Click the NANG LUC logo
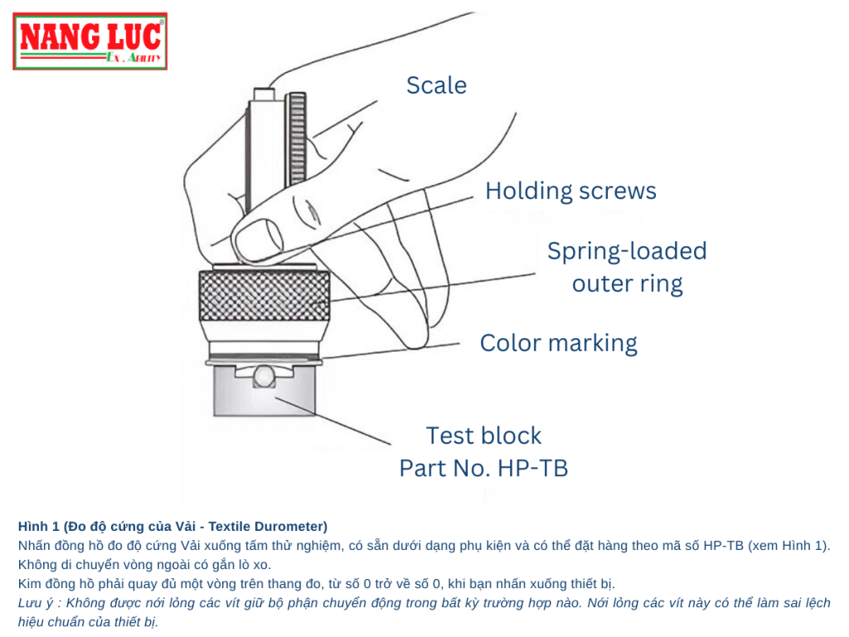[90, 41]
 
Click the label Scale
[436, 85]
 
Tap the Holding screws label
[570, 192]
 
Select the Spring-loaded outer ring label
[627, 267]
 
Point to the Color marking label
[558, 343]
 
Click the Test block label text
[483, 435]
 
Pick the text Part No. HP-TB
[483, 469]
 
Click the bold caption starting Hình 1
[172, 527]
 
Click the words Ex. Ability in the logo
[133, 58]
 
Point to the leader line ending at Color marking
[390, 350]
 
